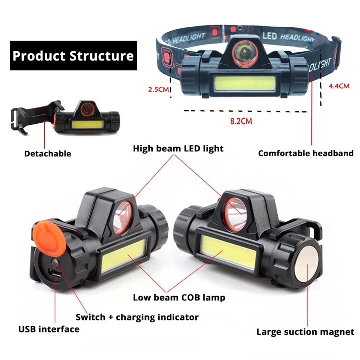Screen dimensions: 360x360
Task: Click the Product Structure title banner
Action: pos(73,56)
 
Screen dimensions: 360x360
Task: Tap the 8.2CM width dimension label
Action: pos(241,121)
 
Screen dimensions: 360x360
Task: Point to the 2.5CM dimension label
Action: pos(158,89)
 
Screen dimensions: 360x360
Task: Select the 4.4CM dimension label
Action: pos(339,86)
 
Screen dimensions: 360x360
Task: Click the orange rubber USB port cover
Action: pos(49,235)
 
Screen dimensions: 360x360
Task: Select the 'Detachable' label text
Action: pos(48,154)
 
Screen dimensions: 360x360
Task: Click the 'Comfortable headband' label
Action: pos(306,153)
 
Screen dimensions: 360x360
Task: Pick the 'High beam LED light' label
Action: pos(178,149)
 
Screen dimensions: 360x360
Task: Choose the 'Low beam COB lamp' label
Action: pos(179,298)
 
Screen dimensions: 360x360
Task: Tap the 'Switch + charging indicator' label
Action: pos(137,317)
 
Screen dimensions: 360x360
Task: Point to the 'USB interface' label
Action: pos(49,329)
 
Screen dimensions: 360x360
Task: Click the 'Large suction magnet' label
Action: pos(305,332)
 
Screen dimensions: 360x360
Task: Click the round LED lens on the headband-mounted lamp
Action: pos(244,53)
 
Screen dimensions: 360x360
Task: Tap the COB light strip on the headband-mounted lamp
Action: pos(245,84)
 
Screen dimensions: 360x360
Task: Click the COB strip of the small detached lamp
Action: pos(87,125)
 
